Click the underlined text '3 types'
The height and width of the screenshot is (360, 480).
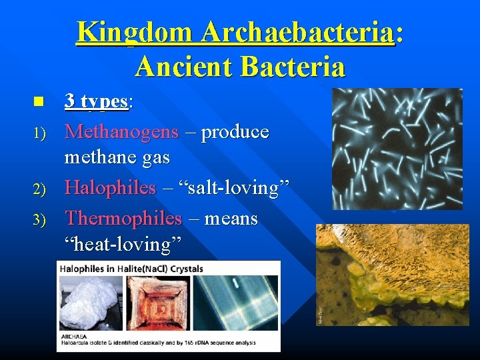click(x=96, y=101)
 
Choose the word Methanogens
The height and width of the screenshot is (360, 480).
click(x=121, y=132)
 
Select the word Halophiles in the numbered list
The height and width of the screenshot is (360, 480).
click(x=109, y=189)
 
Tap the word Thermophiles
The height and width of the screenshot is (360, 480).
click(x=123, y=218)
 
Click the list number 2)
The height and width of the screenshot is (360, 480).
click(x=39, y=190)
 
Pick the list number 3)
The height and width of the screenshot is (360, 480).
click(x=39, y=219)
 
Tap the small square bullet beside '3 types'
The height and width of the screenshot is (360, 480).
click(x=38, y=102)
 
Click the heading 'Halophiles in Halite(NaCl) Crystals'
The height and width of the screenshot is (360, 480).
click(x=131, y=269)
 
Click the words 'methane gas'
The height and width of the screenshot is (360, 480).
click(x=117, y=158)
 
